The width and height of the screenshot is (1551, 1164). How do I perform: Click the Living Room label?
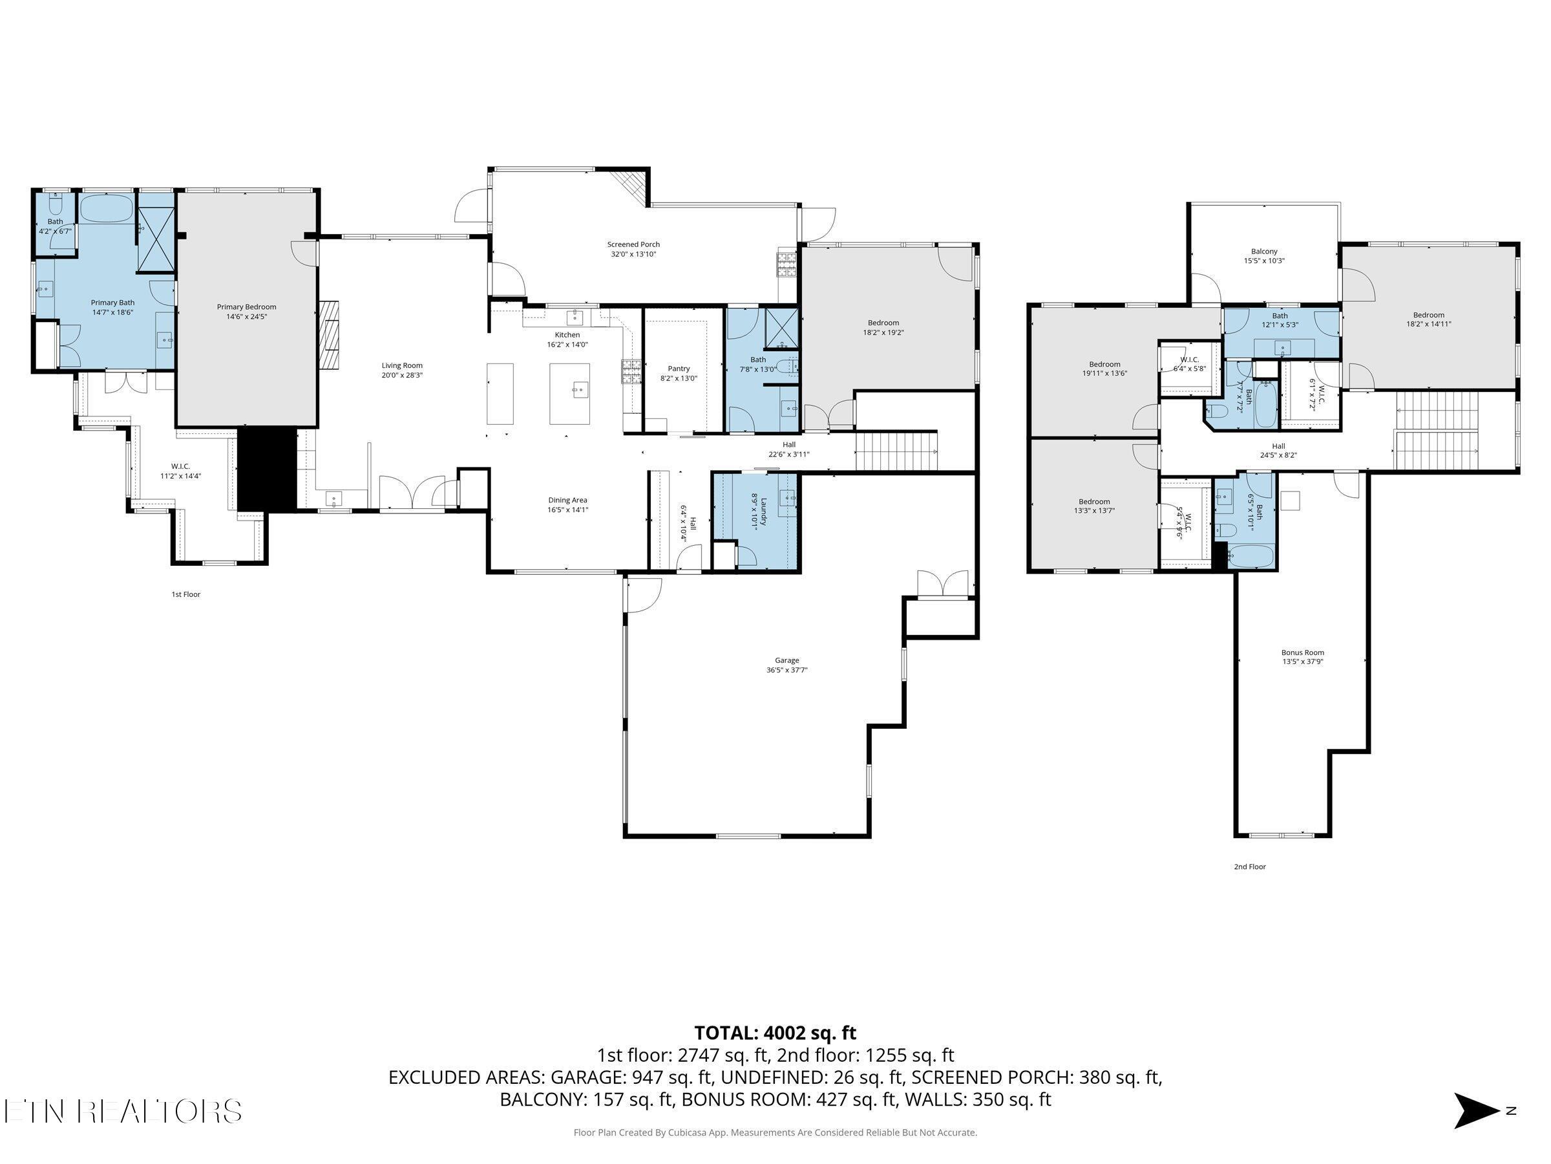point(402,365)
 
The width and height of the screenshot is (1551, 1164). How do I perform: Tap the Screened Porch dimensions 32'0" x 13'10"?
point(633,255)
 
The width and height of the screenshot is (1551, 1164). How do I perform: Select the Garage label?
point(786,660)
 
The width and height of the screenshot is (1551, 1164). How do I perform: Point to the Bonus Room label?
point(1302,652)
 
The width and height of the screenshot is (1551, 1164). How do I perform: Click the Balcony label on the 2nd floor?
point(1263,251)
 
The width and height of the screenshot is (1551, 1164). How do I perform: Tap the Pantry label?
point(678,369)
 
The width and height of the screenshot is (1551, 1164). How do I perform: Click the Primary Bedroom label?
point(246,307)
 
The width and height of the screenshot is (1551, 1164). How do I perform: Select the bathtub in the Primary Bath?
point(106,208)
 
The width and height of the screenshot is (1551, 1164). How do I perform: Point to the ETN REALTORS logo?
point(123,1112)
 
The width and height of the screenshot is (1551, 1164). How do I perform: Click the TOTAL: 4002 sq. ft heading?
point(775,1033)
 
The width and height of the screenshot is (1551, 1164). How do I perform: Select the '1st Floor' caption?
point(186,594)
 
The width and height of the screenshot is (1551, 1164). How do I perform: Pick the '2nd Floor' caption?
point(1249,867)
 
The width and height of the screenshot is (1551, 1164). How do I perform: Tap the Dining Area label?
point(567,501)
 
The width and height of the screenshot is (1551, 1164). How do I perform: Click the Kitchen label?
point(567,335)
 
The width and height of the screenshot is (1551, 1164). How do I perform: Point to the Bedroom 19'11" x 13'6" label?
point(1104,364)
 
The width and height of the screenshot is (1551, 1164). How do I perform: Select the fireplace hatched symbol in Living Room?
point(329,335)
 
